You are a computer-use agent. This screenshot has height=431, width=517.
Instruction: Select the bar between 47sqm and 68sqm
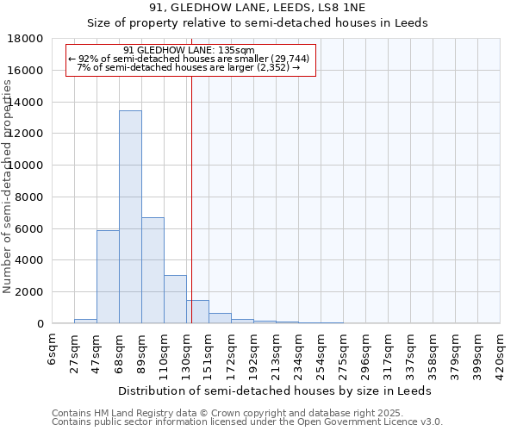coord(108,277)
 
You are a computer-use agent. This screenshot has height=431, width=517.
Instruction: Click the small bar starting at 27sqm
coord(85,321)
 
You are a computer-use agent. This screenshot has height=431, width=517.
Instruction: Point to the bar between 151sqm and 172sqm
coord(220,318)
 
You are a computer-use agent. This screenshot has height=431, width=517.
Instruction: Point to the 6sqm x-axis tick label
coord(53,349)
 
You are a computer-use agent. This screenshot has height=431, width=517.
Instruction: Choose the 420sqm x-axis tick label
coord(501,354)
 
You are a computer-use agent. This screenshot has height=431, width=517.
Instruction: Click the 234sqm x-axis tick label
coord(299,354)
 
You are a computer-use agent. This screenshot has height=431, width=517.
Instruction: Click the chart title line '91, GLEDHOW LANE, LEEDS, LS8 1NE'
coord(258,9)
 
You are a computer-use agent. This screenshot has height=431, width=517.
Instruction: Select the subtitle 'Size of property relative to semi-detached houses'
coord(258,23)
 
